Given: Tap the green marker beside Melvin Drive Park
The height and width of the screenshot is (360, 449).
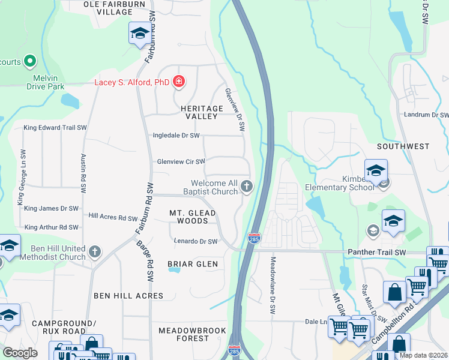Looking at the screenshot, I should pyautogui.click(x=29, y=61).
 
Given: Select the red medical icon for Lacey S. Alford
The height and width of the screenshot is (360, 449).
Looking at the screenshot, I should pyautogui.click(x=178, y=81).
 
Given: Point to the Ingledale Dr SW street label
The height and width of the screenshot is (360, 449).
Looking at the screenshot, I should pyautogui.click(x=176, y=136).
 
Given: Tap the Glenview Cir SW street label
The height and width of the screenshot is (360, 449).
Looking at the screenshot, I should pyautogui.click(x=181, y=161).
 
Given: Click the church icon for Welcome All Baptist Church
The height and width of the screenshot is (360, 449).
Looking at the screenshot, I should pyautogui.click(x=246, y=187).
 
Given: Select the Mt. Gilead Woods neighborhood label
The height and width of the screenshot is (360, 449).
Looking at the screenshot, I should pyautogui.click(x=192, y=217).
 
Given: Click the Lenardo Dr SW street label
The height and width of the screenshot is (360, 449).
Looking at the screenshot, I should pyautogui.click(x=194, y=242).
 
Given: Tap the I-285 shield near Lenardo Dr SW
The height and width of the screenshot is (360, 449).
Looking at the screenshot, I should pyautogui.click(x=255, y=239).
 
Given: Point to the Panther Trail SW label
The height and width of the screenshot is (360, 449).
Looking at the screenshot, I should pyautogui.click(x=376, y=253).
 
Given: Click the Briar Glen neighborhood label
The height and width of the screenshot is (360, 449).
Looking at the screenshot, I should pyautogui.click(x=192, y=264).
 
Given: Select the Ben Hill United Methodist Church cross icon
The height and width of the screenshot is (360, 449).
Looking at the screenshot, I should pyautogui.click(x=95, y=252).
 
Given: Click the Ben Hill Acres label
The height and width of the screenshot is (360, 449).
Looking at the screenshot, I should pyautogui.click(x=128, y=296).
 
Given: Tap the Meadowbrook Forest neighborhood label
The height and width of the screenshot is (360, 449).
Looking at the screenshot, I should pyautogui.click(x=192, y=334).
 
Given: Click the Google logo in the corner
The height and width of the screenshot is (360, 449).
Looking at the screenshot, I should pyautogui.click(x=20, y=352).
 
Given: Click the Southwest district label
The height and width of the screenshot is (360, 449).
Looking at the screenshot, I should pyautogui.click(x=403, y=146).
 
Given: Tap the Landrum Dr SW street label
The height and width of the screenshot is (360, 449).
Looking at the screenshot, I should pyautogui.click(x=426, y=115).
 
